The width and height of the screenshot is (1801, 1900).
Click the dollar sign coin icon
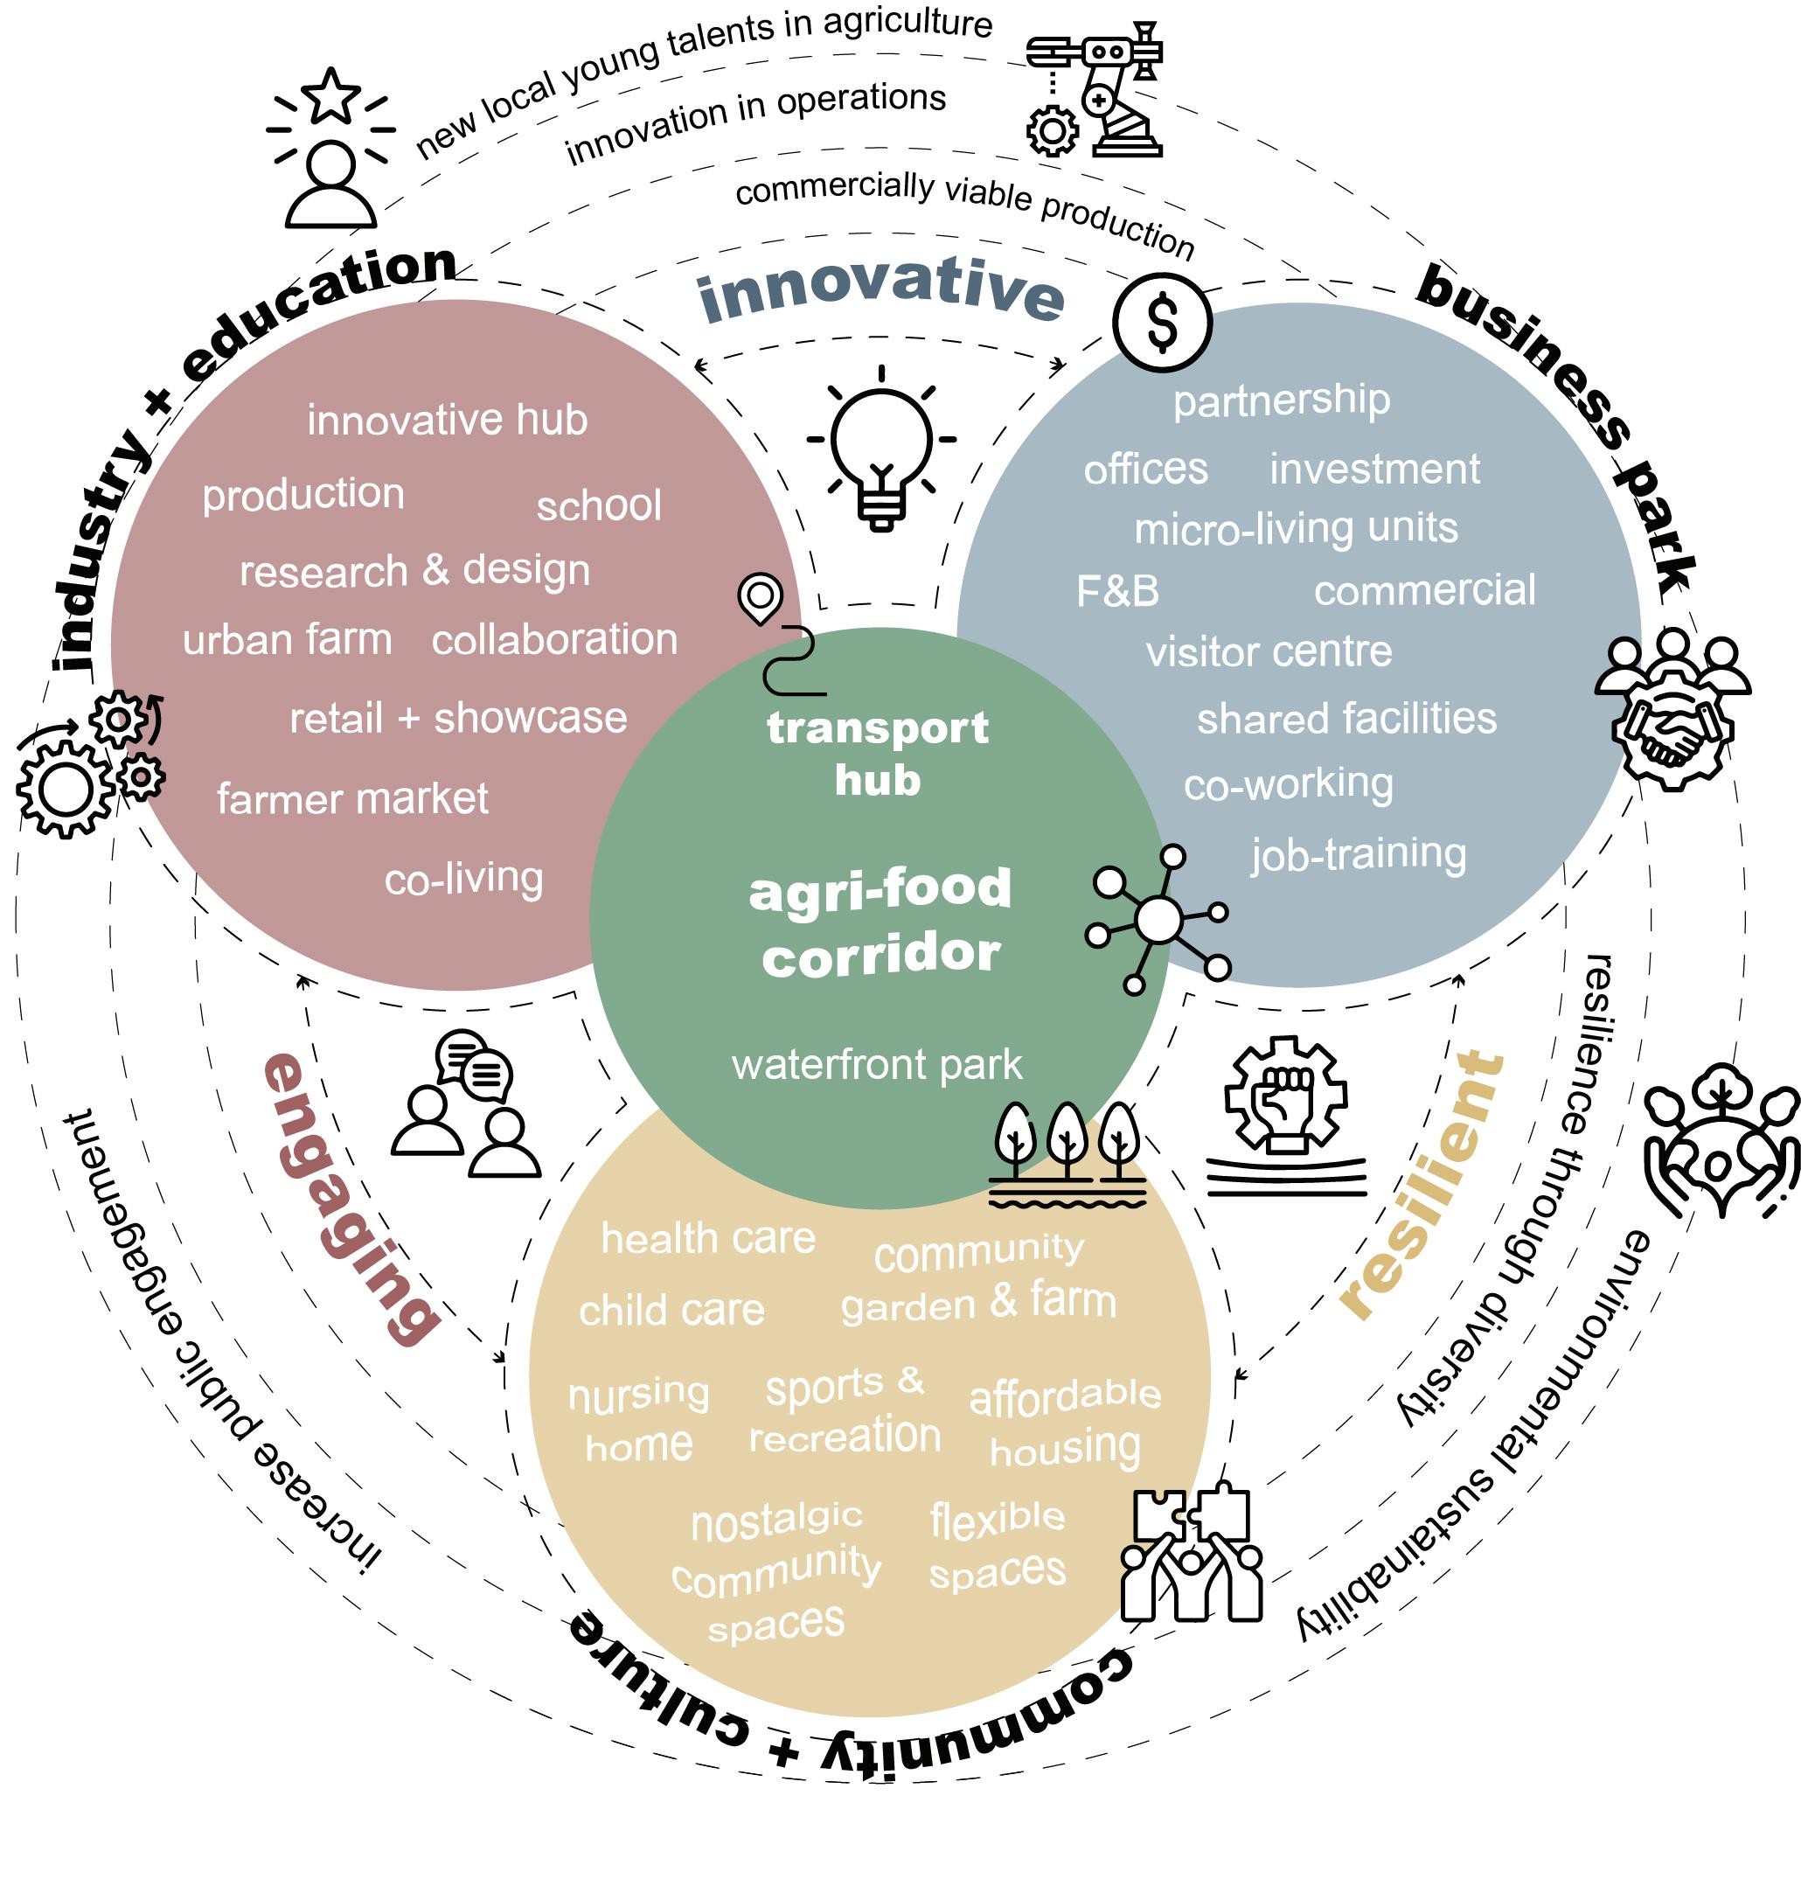click(1162, 323)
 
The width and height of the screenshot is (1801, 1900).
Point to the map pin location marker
click(761, 598)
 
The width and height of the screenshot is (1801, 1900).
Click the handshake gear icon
click(1672, 711)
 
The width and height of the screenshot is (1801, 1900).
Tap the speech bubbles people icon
click(467, 1104)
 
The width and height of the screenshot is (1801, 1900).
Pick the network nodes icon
click(1158, 920)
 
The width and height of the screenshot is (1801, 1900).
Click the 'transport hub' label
click(878, 754)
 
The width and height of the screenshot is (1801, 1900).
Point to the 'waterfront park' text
click(877, 1065)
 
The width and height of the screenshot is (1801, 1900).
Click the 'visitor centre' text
click(1269, 653)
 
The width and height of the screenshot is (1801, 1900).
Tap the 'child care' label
click(671, 1311)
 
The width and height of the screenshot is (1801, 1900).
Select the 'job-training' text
click(1359, 853)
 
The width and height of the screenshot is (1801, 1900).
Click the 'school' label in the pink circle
click(599, 506)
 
